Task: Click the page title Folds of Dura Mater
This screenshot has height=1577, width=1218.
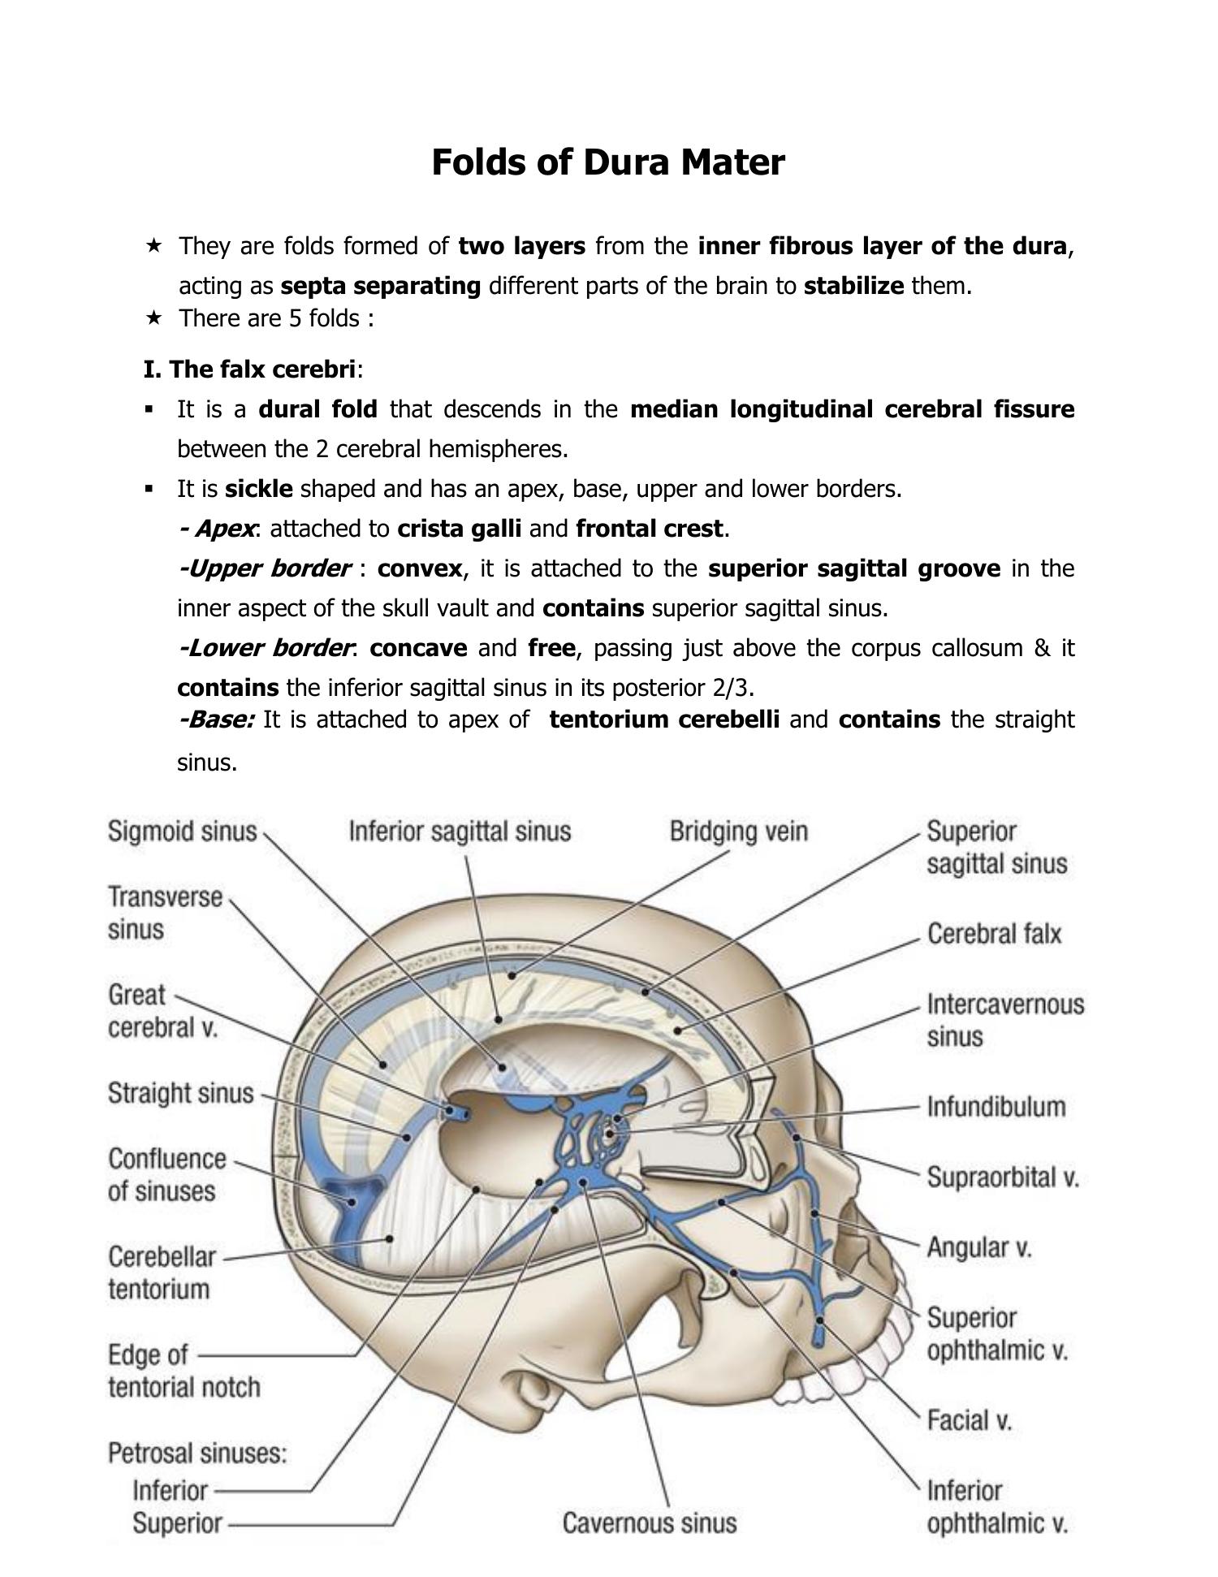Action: point(607,162)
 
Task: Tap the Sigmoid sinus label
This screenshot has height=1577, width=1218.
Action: point(182,832)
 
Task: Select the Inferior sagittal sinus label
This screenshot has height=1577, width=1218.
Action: point(460,832)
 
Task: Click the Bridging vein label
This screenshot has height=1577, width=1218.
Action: point(738,832)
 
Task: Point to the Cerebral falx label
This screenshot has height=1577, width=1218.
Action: point(994,934)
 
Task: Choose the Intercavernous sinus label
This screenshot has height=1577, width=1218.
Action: point(1005,1020)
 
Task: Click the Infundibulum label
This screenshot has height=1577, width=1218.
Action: point(996,1107)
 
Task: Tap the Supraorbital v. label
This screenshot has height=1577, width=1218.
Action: point(1002,1177)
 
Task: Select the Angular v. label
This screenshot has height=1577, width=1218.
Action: point(978,1246)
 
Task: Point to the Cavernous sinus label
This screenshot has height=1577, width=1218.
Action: point(650,1523)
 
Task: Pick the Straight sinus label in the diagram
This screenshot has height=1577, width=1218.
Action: point(180,1093)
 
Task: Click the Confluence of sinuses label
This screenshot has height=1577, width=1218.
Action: point(166,1175)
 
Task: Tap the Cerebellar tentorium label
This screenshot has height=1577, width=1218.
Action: point(162,1272)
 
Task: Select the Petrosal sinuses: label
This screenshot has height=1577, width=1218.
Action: point(197,1453)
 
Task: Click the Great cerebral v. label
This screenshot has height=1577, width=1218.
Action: point(162,1011)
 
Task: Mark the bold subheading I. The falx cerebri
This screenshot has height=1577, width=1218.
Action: point(250,369)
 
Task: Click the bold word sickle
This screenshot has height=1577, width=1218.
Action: point(259,489)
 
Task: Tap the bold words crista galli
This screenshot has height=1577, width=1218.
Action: point(459,529)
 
